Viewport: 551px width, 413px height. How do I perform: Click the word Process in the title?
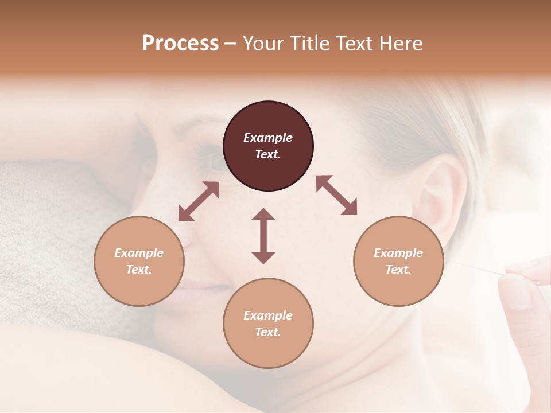click(180, 44)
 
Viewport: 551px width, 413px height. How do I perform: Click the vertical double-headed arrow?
click(263, 236)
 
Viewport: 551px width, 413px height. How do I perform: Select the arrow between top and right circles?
click(336, 195)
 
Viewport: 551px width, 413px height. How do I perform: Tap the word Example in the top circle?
click(268, 138)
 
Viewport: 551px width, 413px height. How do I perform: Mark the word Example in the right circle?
click(398, 253)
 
